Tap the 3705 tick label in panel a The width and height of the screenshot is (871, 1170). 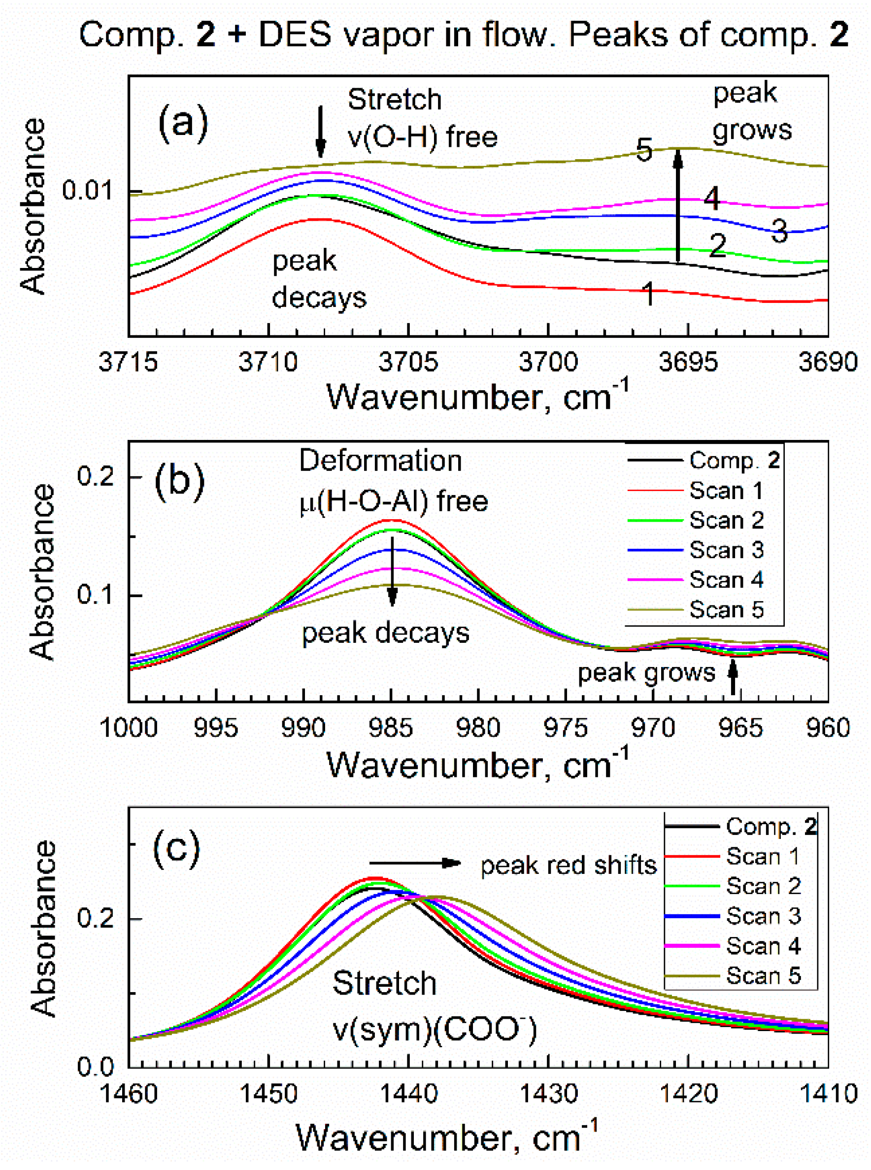tap(408, 362)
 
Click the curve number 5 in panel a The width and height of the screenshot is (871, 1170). tap(644, 150)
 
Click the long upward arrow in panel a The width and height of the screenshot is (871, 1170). tap(678, 205)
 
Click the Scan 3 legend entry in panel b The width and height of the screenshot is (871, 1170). tap(726, 550)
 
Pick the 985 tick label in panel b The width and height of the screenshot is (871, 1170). tap(391, 728)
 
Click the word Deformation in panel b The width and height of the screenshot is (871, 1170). tap(380, 461)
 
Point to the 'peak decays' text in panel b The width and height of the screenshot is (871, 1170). tap(385, 633)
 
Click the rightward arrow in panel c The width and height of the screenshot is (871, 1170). tap(415, 863)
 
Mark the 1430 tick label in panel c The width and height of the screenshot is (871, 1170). tap(548, 1094)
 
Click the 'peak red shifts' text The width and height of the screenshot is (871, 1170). tap(568, 865)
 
